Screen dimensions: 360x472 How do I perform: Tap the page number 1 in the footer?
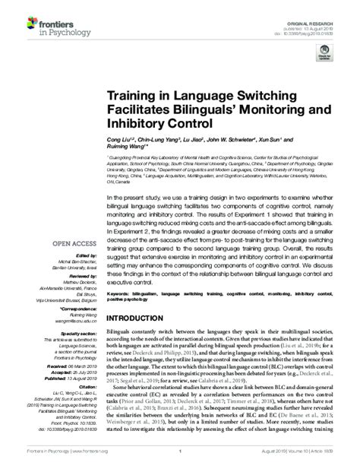coord(179,462)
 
